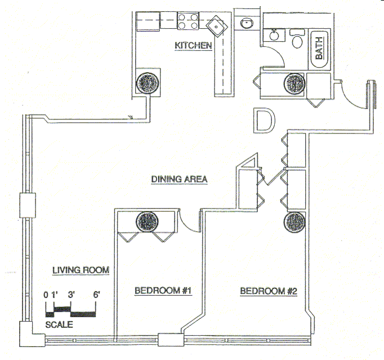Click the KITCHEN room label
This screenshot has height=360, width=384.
193,46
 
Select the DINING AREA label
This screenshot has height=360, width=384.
180,179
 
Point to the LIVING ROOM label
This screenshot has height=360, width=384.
81,270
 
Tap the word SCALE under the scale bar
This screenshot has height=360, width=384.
59,325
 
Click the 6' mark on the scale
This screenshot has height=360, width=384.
96,294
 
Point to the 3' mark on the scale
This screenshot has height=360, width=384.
71,294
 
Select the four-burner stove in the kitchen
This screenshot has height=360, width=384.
188,21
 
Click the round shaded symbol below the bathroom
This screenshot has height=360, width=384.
295,84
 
